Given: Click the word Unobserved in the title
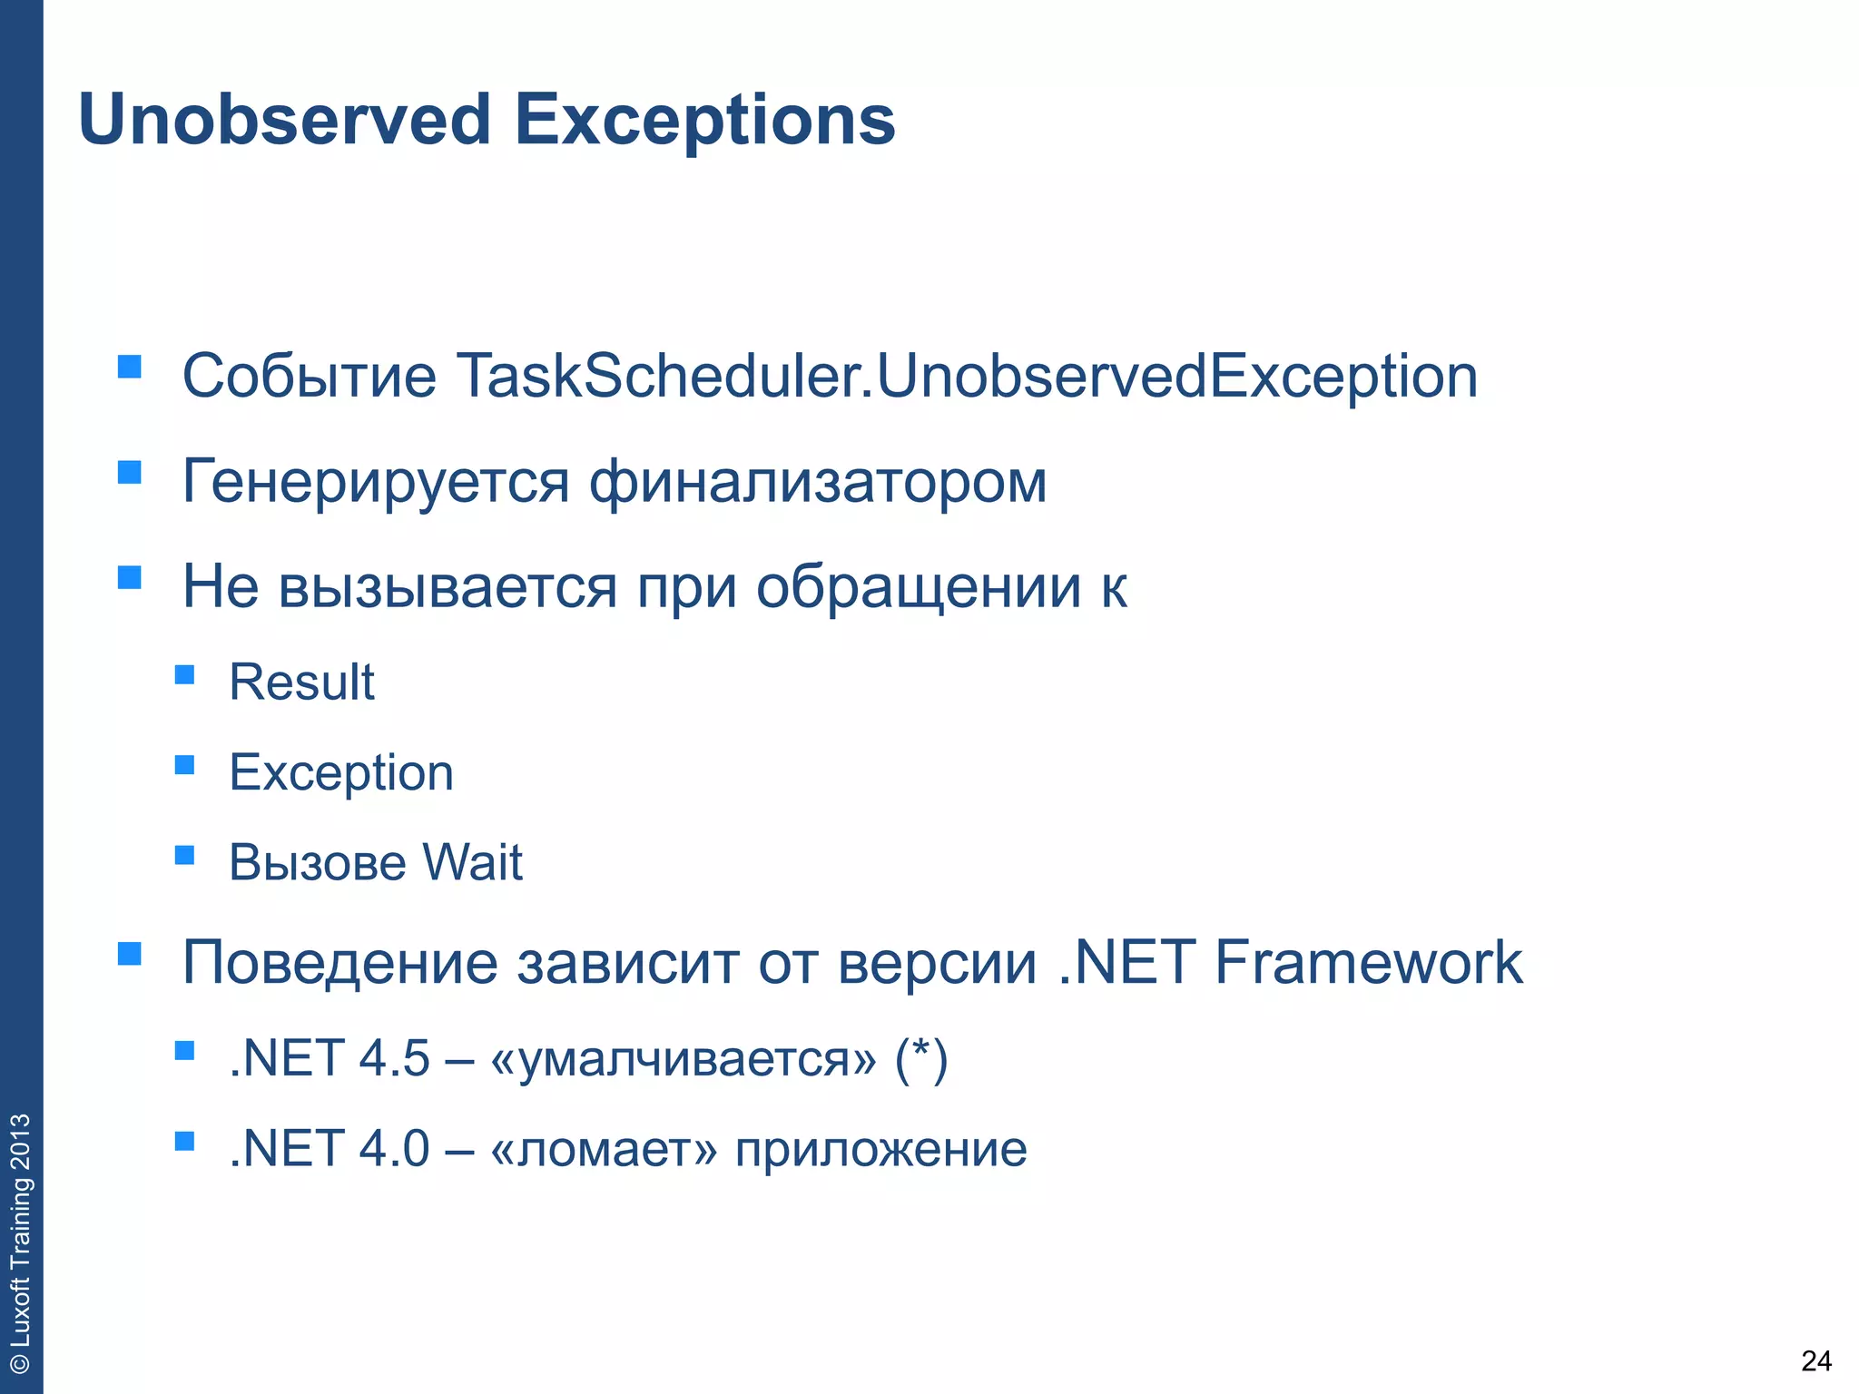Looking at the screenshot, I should [x=284, y=120].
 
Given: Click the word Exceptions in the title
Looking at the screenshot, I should [x=704, y=122].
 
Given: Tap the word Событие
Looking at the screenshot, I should [x=309, y=376].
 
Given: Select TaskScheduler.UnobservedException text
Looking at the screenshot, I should [x=966, y=376].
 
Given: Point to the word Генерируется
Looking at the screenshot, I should [x=376, y=483].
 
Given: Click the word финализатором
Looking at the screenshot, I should [x=818, y=481].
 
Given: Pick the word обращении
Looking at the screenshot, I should [x=919, y=587].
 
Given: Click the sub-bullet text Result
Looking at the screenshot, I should [x=301, y=682].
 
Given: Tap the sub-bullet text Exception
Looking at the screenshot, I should [x=341, y=773].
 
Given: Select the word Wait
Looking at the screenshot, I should [x=472, y=862].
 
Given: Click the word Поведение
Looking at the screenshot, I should [x=339, y=963].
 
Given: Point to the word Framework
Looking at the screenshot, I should [x=1368, y=962].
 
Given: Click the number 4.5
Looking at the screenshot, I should [x=394, y=1058].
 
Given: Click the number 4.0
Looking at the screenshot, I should [x=394, y=1149].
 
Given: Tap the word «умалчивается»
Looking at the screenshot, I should [x=684, y=1059].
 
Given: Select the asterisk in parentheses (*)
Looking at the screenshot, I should [x=921, y=1058].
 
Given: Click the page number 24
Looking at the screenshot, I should [x=1815, y=1361].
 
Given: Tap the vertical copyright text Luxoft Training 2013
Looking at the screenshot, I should [x=20, y=1243].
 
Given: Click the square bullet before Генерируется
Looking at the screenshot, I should [x=130, y=472].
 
